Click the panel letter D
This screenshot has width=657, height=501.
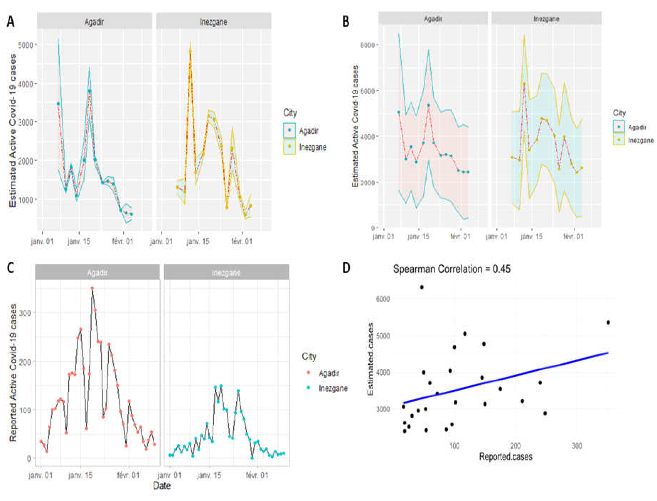(346, 268)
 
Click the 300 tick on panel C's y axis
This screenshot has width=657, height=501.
(25, 313)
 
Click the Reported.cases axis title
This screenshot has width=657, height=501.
(506, 457)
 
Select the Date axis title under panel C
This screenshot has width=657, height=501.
(162, 486)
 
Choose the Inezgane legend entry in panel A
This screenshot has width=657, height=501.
(312, 147)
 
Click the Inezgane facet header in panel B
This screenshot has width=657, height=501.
(546, 19)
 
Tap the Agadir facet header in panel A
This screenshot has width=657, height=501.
(94, 22)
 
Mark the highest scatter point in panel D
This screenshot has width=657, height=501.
(422, 287)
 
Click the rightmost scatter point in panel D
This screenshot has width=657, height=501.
(608, 322)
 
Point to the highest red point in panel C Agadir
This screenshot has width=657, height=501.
(92, 288)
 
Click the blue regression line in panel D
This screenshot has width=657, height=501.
(507, 378)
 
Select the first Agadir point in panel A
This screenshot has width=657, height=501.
(58, 104)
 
